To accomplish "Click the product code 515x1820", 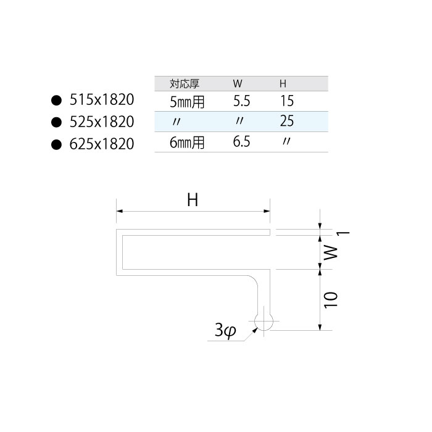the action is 102,99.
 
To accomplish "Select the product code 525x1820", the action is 102,122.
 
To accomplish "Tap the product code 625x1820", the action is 102,144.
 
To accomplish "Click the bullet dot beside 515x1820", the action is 57,100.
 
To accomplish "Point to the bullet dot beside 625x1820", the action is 57,144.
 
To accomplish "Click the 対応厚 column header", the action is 185,83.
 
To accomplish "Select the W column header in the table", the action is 238,84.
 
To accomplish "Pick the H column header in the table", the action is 283,84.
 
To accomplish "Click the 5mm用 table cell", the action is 187,101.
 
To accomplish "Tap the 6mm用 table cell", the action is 187,143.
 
